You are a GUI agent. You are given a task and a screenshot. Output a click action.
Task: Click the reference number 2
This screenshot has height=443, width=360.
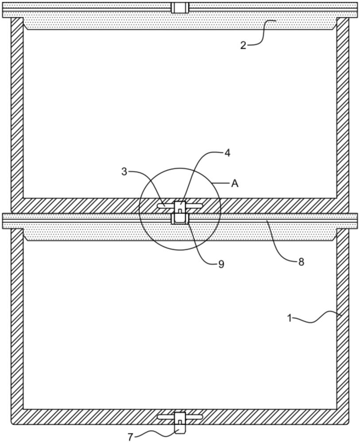pyautogui.click(x=244, y=45)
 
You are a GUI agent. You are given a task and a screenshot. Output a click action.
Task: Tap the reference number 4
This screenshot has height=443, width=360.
pyautogui.click(x=227, y=153)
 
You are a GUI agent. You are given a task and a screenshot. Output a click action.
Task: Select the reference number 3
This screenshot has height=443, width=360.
pyautogui.click(x=124, y=172)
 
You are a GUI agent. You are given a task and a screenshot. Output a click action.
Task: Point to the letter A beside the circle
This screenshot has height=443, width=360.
pyautogui.click(x=235, y=184)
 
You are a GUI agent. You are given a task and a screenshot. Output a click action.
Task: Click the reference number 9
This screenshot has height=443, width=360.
pyautogui.click(x=221, y=264)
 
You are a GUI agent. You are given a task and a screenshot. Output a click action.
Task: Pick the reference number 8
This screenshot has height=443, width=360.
pyautogui.click(x=301, y=262)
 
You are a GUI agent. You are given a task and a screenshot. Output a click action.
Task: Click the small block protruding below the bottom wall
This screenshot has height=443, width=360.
pyautogui.click(x=180, y=428)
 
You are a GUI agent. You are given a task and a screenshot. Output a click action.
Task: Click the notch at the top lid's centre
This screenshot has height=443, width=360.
pyautogui.click(x=180, y=8)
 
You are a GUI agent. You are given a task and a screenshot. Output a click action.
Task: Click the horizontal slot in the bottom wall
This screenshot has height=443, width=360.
pyautogui.click(x=180, y=417)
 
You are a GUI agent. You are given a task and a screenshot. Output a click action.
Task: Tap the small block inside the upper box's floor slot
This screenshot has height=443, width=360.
pyautogui.click(x=180, y=206)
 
